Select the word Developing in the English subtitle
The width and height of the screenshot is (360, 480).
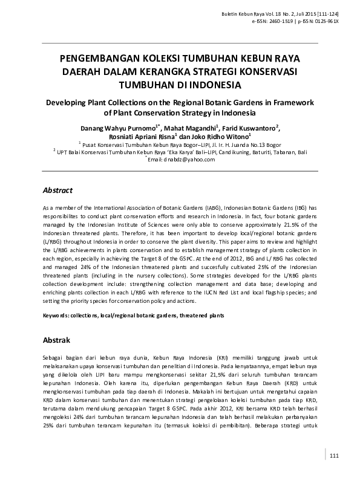[67, 103]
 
